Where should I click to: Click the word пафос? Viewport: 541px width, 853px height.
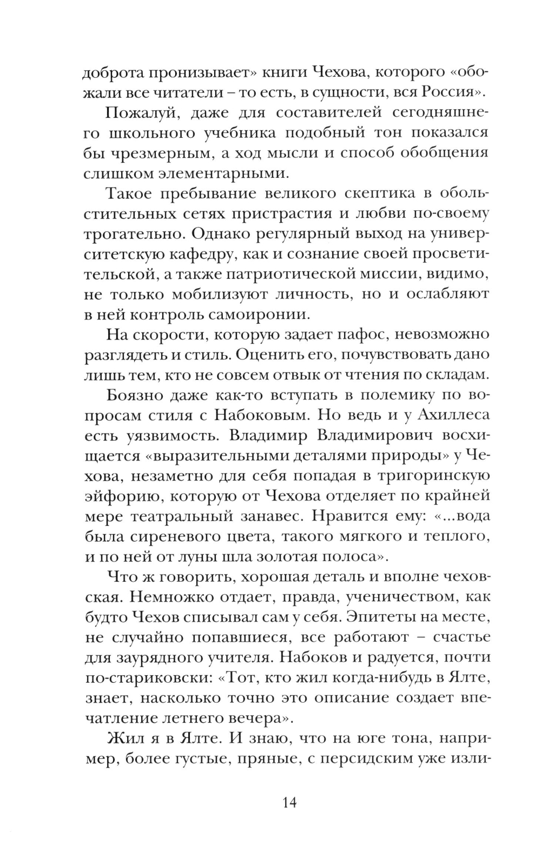(x=357, y=335)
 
